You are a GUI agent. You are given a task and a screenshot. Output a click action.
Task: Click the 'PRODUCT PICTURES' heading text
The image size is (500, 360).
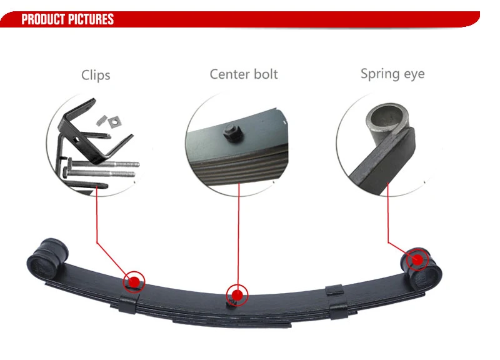point(67,19)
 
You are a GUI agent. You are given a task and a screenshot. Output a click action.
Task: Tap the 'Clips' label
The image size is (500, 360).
point(96,75)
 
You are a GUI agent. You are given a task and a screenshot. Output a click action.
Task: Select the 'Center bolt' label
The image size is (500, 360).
point(244,74)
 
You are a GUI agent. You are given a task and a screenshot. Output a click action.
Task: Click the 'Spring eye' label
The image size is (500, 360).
point(392,74)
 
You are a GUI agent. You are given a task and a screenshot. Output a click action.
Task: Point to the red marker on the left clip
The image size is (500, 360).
point(134,281)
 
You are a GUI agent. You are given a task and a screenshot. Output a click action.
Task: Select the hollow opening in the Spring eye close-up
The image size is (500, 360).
point(386,117)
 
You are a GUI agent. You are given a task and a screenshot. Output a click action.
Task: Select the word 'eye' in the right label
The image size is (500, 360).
point(413,74)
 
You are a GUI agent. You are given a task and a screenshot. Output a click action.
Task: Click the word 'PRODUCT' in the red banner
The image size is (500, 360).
point(44,19)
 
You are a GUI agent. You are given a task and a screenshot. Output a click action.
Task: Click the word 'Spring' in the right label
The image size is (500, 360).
point(379,74)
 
